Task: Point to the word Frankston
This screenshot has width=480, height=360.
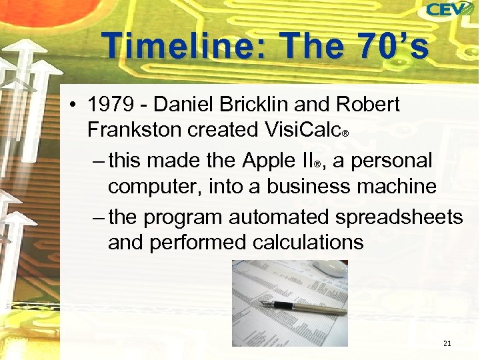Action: [x=134, y=129]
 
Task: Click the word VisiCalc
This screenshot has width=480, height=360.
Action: [x=303, y=129]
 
